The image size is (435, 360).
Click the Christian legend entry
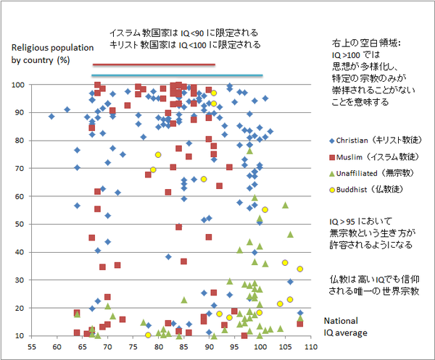(x=376, y=141)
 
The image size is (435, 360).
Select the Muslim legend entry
(x=373, y=157)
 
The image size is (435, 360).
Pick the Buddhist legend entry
(x=366, y=190)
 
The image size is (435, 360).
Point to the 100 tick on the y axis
(x=18, y=85)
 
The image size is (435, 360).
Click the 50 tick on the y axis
(x=20, y=225)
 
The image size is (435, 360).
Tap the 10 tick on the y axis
(x=20, y=336)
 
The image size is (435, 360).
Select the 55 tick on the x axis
(x=32, y=347)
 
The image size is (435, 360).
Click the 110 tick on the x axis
(x=311, y=347)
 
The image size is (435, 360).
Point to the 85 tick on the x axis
(x=184, y=347)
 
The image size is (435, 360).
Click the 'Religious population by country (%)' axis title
(x=52, y=54)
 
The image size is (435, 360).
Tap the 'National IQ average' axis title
(x=345, y=327)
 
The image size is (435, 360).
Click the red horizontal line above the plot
(x=154, y=65)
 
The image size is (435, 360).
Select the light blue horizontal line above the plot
(x=177, y=75)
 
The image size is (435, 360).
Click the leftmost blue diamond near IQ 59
(x=51, y=117)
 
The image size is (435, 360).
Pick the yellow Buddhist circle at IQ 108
(x=300, y=269)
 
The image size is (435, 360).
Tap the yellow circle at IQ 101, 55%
(x=265, y=210)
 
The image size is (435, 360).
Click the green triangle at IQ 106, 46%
(x=290, y=235)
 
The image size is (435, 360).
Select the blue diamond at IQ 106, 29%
(x=290, y=282)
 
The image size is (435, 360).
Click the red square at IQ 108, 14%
(x=300, y=323)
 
